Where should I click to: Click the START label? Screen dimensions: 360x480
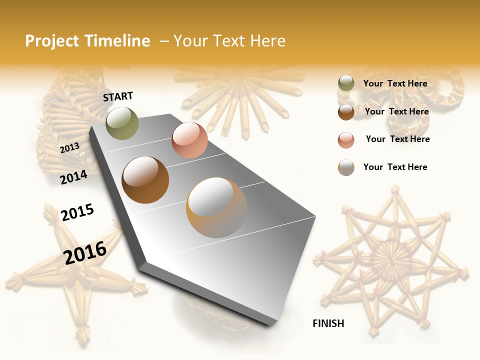coord(118,96)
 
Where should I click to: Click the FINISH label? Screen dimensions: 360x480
coord(328,323)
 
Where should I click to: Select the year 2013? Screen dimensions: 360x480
coord(69,148)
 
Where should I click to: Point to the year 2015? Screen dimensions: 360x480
coord(77,212)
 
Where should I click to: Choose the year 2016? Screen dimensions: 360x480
coord(85,252)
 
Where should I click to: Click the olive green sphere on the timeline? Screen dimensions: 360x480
coord(122,123)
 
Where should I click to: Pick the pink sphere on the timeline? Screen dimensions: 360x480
coord(189,140)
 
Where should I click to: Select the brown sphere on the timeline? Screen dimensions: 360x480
coord(145,180)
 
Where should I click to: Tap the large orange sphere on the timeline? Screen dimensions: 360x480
coord(216,207)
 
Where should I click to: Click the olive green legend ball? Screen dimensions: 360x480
coord(346,83)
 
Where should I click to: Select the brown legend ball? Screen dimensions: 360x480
coord(346,111)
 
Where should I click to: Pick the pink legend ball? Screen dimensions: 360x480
coord(346,139)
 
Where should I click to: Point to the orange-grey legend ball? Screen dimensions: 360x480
coord(346,167)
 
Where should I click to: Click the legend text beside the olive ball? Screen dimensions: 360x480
coord(395,83)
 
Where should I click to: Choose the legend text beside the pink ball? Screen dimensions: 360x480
coord(397,139)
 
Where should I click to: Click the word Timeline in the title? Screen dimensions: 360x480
coord(117,41)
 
